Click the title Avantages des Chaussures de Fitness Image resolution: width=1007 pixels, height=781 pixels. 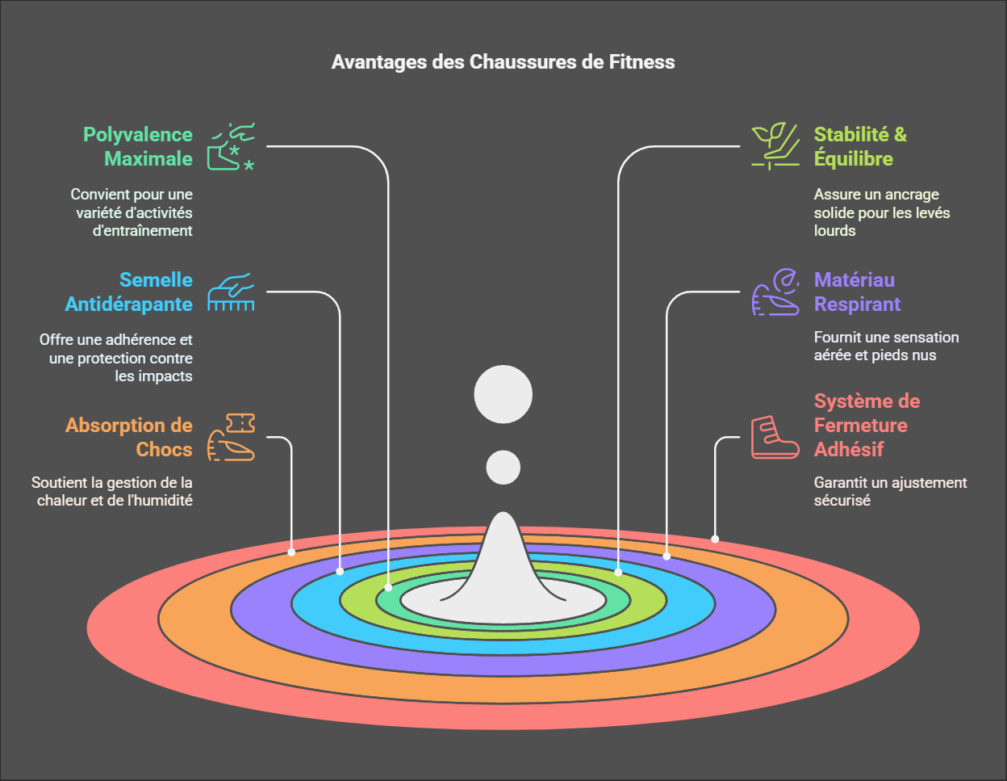503,62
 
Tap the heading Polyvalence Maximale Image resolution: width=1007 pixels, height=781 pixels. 138,147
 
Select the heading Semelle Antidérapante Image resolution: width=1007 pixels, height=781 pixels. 129,292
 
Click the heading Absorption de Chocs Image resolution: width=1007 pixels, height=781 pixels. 129,438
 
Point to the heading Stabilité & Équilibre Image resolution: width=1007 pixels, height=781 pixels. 860,147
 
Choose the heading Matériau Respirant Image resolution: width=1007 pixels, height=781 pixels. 857,292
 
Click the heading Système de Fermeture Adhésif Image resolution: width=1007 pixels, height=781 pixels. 867,426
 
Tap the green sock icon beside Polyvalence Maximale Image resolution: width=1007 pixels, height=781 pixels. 231,147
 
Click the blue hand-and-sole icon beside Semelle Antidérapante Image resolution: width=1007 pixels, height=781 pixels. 231,292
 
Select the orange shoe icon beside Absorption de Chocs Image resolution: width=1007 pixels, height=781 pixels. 231,437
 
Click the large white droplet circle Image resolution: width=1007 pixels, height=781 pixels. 503,395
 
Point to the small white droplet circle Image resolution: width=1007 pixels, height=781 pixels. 503,468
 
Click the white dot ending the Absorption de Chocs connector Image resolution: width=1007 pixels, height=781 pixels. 291,552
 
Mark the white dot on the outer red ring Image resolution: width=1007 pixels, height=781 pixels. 715,539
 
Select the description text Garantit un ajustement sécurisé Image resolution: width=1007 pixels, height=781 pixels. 890,491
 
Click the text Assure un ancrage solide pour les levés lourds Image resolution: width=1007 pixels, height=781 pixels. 882,212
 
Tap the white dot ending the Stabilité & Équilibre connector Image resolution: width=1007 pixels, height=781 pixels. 618,572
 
